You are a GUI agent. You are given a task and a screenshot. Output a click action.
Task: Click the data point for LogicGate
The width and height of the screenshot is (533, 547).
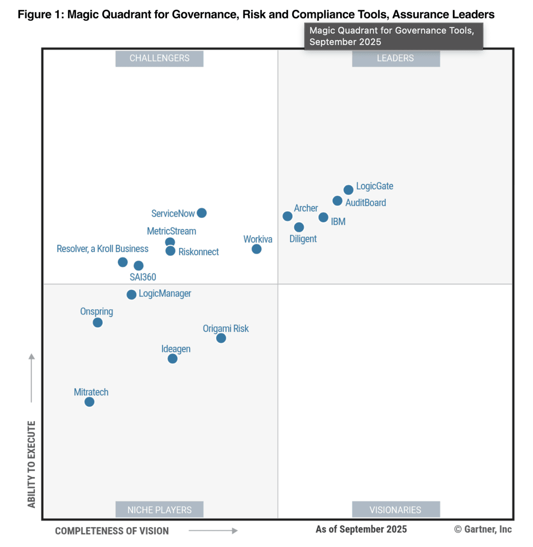pyautogui.click(x=348, y=190)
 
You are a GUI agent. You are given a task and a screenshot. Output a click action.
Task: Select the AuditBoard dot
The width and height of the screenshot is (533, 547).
pyautogui.click(x=337, y=201)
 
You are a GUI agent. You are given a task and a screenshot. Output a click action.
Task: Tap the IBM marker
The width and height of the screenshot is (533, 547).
pyautogui.click(x=323, y=217)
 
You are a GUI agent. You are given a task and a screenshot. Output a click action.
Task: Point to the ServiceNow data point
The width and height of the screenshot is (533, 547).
pyautogui.click(x=202, y=213)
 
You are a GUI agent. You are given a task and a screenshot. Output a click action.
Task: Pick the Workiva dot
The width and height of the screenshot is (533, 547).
pyautogui.click(x=257, y=249)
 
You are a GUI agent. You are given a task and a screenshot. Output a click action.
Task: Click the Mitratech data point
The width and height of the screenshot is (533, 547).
pyautogui.click(x=89, y=402)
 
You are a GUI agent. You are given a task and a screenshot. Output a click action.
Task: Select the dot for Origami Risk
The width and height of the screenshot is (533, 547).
pyautogui.click(x=221, y=338)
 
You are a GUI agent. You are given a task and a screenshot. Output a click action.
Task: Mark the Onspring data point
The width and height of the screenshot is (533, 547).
pyautogui.click(x=97, y=323)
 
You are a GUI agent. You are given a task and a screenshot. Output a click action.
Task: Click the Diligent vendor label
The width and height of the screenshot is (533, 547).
pyautogui.click(x=303, y=239)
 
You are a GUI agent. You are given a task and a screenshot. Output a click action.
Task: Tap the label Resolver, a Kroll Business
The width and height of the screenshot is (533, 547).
pyautogui.click(x=102, y=249)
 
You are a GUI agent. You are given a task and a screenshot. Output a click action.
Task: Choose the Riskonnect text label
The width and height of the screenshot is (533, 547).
pyautogui.click(x=199, y=252)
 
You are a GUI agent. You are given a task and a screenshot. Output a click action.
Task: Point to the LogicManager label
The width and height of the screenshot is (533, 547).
pyautogui.click(x=165, y=294)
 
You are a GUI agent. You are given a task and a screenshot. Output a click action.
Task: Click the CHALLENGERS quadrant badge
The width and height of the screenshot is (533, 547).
pyautogui.click(x=159, y=59)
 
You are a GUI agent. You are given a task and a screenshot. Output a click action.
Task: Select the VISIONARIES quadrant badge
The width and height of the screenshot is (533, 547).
pyautogui.click(x=395, y=510)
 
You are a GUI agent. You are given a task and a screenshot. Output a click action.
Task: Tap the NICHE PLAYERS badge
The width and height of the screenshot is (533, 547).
pyautogui.click(x=159, y=510)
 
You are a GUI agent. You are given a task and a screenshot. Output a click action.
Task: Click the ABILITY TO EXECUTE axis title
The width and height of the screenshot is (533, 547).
pyautogui.click(x=32, y=464)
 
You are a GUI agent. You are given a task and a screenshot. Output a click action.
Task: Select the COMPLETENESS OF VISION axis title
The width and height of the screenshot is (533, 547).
pyautogui.click(x=112, y=531)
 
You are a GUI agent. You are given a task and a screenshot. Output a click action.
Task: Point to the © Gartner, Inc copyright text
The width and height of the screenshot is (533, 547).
pyautogui.click(x=483, y=529)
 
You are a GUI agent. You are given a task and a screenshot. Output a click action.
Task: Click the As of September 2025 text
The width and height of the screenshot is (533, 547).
pyautogui.click(x=361, y=529)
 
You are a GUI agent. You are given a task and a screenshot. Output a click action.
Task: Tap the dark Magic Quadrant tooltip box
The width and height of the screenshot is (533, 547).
pyautogui.click(x=393, y=36)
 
